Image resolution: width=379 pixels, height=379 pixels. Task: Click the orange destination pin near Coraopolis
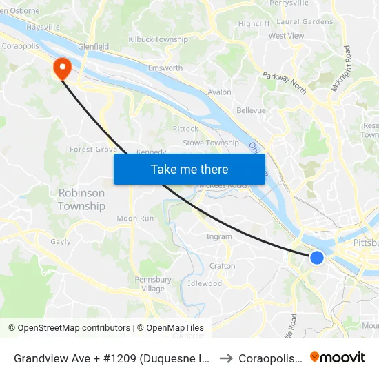[62, 68]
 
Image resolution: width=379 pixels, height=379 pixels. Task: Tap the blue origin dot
[317, 258]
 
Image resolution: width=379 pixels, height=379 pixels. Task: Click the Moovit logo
[338, 358]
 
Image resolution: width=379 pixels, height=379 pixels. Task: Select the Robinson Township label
[81, 200]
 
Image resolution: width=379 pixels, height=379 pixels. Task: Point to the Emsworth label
[165, 68]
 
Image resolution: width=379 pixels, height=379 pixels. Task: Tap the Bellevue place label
[251, 110]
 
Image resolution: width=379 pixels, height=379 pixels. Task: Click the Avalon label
[219, 92]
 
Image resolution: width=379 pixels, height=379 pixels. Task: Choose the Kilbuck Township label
[158, 40]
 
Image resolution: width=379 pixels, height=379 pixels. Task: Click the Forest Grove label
[93, 149]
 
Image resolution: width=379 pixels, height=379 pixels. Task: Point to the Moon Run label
[135, 218]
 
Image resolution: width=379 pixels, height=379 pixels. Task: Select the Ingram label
[219, 236]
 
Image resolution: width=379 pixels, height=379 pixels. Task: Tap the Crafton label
[222, 266]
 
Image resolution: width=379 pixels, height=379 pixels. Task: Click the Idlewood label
[205, 283]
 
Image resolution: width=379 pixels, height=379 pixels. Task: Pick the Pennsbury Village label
[153, 284]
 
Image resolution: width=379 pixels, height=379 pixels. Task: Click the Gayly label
[61, 242]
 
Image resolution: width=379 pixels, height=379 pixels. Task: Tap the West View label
[286, 36]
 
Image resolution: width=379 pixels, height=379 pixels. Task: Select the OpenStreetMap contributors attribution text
[74, 328]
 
